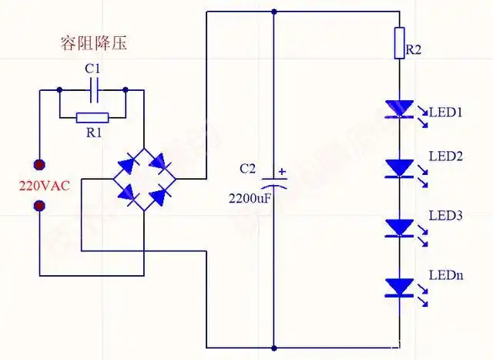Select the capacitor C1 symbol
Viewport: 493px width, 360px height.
92,90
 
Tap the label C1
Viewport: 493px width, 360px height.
92,69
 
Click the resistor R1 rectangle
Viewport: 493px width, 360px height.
92,118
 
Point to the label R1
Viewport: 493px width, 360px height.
93,133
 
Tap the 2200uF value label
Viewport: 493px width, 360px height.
248,198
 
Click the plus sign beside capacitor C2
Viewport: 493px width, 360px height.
282,172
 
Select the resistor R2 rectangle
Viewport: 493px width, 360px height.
400,43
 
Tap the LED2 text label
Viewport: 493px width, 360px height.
444,156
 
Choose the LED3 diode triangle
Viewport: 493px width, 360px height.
400,227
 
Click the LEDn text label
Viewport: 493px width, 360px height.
445,275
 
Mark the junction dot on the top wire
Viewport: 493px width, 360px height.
274,12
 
